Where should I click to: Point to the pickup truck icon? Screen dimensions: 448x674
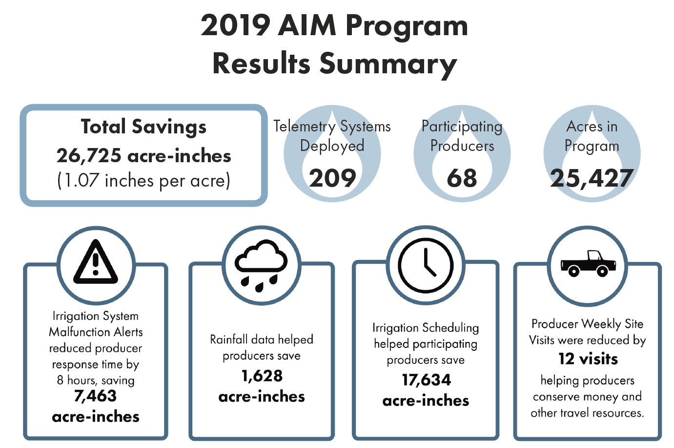pyautogui.click(x=588, y=264)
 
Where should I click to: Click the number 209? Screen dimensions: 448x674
pyautogui.click(x=332, y=178)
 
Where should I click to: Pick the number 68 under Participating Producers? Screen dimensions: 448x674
pyautogui.click(x=462, y=178)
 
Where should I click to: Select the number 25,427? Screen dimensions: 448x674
pyautogui.click(x=592, y=178)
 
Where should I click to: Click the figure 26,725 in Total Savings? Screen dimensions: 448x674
pyautogui.click(x=89, y=156)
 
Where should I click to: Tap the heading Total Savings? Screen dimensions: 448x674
pyautogui.click(x=143, y=127)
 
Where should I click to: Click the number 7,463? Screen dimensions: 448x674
pyautogui.click(x=95, y=396)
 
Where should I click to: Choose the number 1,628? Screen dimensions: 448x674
pyautogui.click(x=262, y=376)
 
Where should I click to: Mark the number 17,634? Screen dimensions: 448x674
pyautogui.click(x=426, y=380)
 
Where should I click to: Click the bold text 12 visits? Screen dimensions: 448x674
pyautogui.click(x=588, y=359)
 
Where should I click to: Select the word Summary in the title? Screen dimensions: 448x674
pyautogui.click(x=388, y=64)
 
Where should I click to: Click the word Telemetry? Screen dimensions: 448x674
pyautogui.click(x=304, y=127)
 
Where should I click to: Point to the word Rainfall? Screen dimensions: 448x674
pyautogui.click(x=228, y=340)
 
